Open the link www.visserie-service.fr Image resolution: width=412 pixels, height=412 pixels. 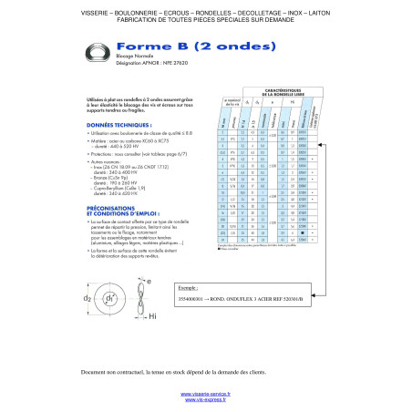pyautogui.click(x=206, y=393)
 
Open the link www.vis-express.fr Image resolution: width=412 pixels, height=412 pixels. pyautogui.click(x=206, y=400)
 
